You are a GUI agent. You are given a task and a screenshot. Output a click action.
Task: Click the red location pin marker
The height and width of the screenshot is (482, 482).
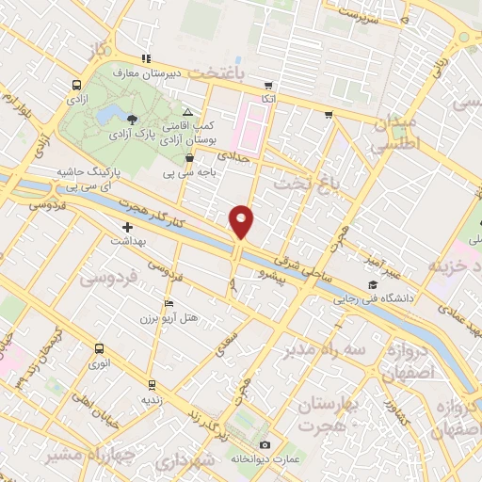click(242, 222)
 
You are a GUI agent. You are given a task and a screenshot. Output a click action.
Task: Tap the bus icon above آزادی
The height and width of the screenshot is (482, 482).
click(74, 84)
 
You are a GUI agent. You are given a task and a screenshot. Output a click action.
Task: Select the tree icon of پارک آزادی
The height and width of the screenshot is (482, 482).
click(131, 119)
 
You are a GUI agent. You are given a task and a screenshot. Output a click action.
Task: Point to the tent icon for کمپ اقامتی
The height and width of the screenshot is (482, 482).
click(187, 111)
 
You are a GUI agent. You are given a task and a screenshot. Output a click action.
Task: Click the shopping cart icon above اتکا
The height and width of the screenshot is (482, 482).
click(269, 85)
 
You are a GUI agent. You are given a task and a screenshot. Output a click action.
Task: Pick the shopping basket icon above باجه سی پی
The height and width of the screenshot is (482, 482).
click(192, 158)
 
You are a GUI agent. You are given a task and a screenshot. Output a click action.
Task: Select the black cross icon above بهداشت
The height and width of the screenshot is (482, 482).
click(128, 227)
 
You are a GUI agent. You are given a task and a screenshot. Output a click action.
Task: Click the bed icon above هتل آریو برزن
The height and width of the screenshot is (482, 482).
click(169, 303)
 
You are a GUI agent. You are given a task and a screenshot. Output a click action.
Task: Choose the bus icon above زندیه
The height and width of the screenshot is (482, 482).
click(151, 384)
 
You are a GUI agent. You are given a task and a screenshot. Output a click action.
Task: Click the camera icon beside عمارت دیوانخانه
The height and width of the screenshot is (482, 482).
click(265, 444)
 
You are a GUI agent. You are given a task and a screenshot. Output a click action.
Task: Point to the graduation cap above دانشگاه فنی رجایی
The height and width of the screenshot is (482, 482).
click(372, 284)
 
